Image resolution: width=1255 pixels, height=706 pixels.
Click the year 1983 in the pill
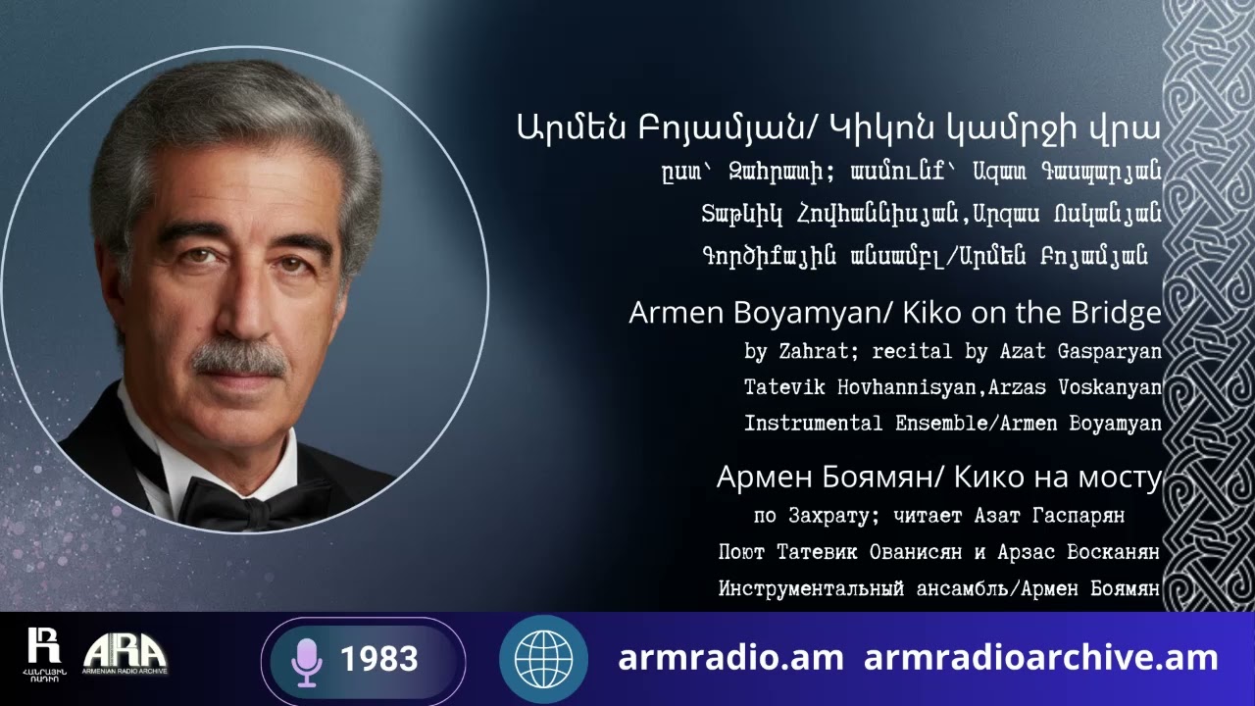379,660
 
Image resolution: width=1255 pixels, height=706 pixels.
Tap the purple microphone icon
307,661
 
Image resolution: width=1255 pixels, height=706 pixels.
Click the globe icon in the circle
543,659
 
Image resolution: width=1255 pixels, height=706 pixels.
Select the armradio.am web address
731,658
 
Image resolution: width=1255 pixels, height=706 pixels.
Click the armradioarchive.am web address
1040,658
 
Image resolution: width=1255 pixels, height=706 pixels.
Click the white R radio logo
43,648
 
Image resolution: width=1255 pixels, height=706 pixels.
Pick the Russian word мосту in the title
1119,479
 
